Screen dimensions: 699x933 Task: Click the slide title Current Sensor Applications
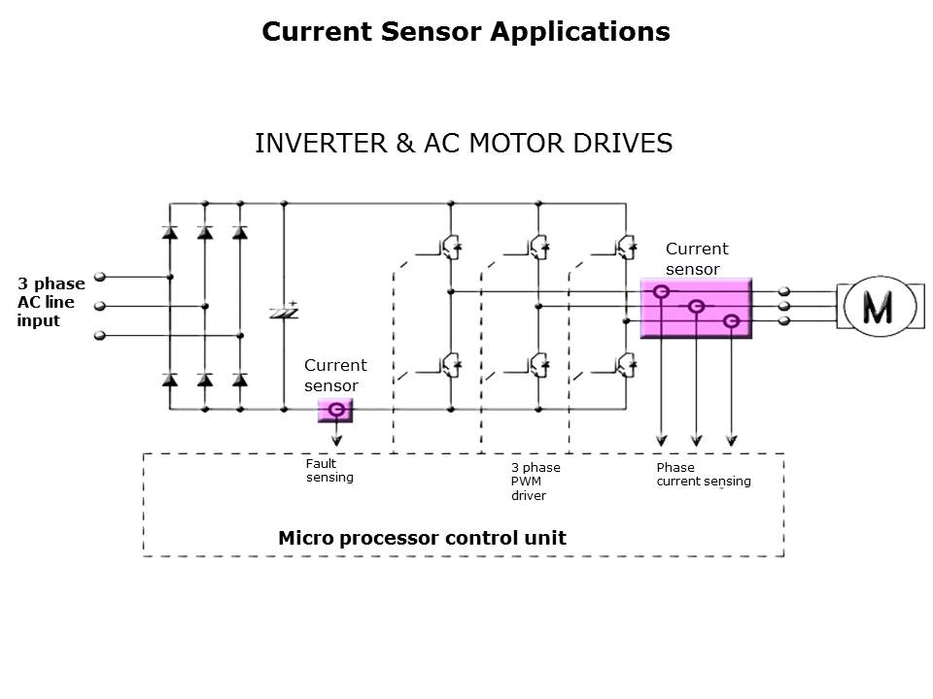click(466, 32)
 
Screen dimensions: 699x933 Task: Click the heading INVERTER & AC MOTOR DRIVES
click(464, 144)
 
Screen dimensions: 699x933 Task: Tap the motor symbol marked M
click(878, 307)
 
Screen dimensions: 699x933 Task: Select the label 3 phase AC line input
click(51, 302)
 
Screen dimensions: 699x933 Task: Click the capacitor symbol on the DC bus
click(284, 311)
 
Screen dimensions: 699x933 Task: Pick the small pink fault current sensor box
click(336, 411)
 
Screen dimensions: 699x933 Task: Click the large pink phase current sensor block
click(696, 307)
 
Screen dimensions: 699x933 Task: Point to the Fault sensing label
click(329, 470)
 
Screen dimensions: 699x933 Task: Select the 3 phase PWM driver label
click(536, 482)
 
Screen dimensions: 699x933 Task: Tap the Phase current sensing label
click(703, 474)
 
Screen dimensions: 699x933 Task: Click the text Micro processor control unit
click(422, 538)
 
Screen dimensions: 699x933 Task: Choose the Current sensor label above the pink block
click(696, 258)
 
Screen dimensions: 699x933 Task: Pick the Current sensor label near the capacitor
click(335, 375)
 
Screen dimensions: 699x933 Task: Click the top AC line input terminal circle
click(100, 277)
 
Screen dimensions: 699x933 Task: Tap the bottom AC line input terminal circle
click(100, 336)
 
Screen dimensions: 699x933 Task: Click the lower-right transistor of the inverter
click(624, 365)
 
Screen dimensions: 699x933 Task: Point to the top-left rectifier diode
click(170, 233)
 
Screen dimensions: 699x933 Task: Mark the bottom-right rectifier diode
click(240, 379)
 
